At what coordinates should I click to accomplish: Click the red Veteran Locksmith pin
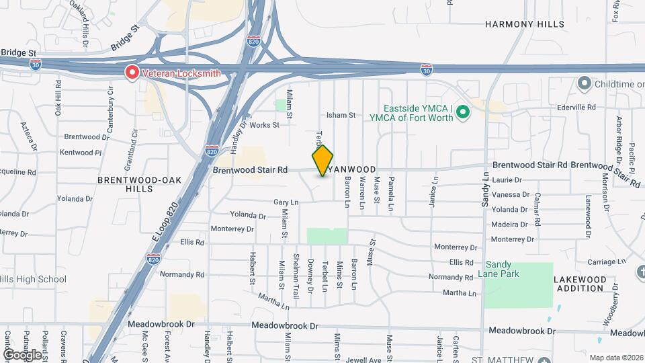tap(132, 73)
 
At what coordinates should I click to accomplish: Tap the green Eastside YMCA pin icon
tap(462, 112)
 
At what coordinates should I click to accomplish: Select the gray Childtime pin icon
tap(583, 83)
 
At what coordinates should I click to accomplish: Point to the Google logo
tap(22, 354)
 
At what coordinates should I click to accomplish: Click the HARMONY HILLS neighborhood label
tap(525, 24)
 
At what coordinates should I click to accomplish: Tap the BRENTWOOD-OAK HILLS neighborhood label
tap(134, 184)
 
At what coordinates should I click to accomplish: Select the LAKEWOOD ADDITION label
tap(579, 284)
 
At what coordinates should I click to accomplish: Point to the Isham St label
tap(341, 116)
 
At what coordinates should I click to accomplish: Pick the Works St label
tap(263, 125)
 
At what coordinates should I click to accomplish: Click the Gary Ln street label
tap(285, 202)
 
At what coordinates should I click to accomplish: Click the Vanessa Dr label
tap(511, 195)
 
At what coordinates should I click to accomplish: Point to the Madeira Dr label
tap(509, 225)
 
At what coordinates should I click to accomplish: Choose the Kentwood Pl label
tap(81, 153)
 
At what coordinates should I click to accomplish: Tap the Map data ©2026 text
tap(615, 358)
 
